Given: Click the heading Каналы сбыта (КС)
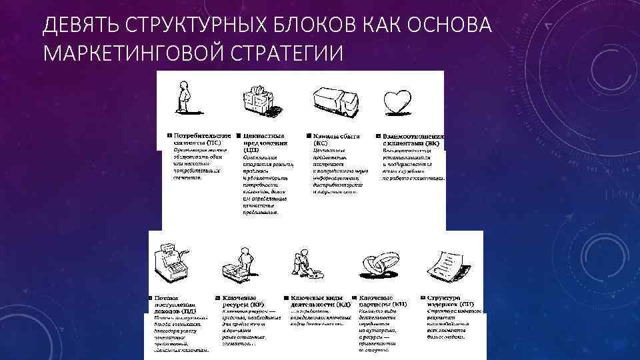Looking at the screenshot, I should click(x=336, y=139).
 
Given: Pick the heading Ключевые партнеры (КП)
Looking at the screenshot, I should click(x=383, y=301).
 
